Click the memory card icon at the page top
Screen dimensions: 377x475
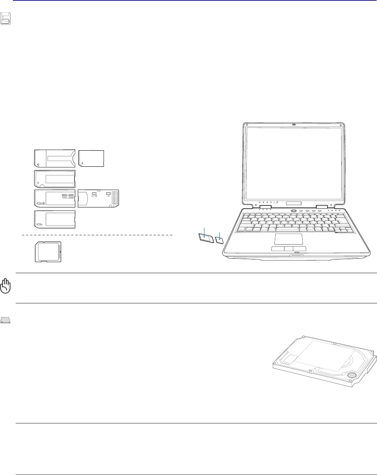point(6,18)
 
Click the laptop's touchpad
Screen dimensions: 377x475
point(288,239)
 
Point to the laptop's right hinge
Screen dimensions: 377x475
point(321,207)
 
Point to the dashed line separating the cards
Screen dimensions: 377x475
point(97,234)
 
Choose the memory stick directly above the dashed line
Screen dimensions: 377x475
point(55,220)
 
